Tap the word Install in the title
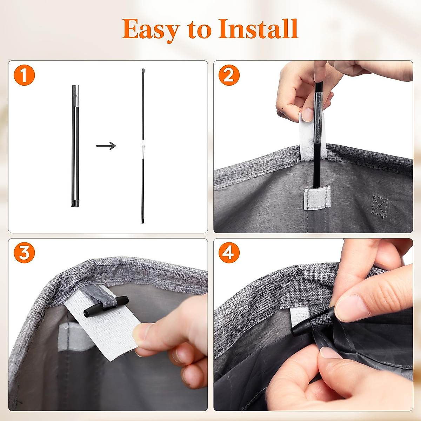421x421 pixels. tap(258, 29)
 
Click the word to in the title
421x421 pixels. tap(199, 30)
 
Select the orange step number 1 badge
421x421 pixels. tap(24, 75)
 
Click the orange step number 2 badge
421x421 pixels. tap(229, 75)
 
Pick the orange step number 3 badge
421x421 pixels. tap(24, 253)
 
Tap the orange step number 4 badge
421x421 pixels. tap(229, 253)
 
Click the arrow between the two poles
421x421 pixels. tap(106, 146)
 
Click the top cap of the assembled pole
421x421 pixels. tap(143, 71)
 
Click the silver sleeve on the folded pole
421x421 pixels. tap(77, 96)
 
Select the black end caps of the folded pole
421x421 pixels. tap(75, 203)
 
